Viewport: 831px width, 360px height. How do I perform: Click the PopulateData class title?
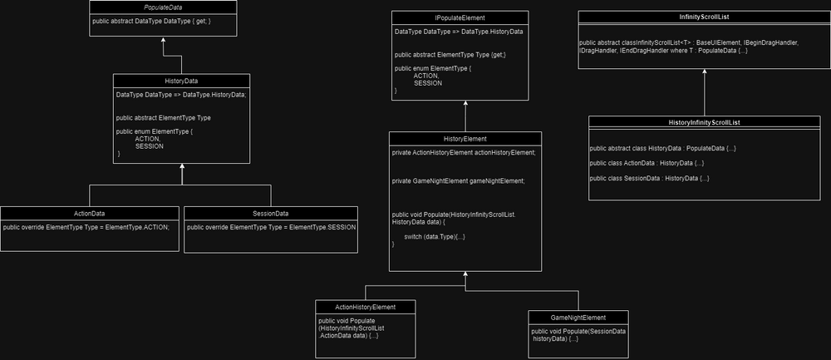coord(164,7)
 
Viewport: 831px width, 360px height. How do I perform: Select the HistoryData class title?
coord(181,80)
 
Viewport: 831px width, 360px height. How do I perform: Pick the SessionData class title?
coord(272,213)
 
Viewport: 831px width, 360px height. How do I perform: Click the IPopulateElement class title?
coord(460,17)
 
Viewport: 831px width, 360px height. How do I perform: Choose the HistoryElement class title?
coord(465,138)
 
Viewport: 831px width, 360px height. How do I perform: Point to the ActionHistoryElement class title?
coord(365,307)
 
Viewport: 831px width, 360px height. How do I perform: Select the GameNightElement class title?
coord(578,317)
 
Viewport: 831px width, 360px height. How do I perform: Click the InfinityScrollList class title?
coord(704,17)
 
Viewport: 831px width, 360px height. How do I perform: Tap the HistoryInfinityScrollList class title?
coord(704,122)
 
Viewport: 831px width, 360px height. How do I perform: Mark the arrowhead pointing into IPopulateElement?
coord(465,104)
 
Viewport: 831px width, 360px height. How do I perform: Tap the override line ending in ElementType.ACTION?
coord(86,226)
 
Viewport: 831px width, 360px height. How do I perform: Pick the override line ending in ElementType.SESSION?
coord(272,226)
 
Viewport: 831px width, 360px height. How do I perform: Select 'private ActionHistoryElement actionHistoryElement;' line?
coord(464,153)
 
